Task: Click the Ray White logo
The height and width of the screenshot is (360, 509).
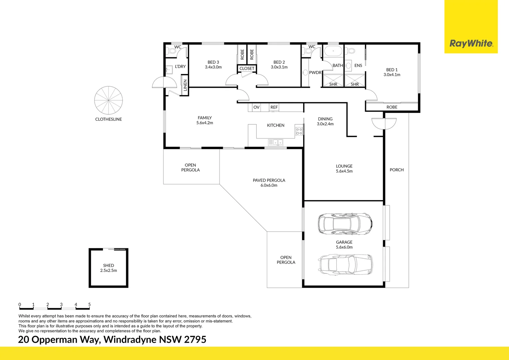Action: pyautogui.click(x=471, y=43)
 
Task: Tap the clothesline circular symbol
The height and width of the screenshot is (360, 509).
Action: pyautogui.click(x=109, y=100)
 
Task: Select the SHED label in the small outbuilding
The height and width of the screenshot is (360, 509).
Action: pyautogui.click(x=109, y=265)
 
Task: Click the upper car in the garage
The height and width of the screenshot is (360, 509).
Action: pyautogui.click(x=345, y=223)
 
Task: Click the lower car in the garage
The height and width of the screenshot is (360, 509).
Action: pyautogui.click(x=346, y=264)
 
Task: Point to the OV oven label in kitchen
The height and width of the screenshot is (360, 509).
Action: pyautogui.click(x=256, y=107)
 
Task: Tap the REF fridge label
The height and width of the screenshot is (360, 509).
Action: pyautogui.click(x=274, y=107)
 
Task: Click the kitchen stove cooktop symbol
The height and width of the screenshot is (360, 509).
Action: pyautogui.click(x=299, y=131)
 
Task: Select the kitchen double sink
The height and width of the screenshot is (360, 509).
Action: pyautogui.click(x=275, y=143)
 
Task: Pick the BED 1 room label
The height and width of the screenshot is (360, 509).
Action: pyautogui.click(x=392, y=70)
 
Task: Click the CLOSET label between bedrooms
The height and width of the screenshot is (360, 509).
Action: pyautogui.click(x=247, y=69)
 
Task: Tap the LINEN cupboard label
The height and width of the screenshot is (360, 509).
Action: pyautogui.click(x=185, y=85)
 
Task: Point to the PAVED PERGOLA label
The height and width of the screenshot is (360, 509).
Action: pyautogui.click(x=269, y=180)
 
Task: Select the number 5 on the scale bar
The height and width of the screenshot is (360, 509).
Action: pyautogui.click(x=89, y=304)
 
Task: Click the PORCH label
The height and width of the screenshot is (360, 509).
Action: pyautogui.click(x=396, y=170)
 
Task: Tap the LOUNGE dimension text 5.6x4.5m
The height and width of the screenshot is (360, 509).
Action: pyautogui.click(x=344, y=171)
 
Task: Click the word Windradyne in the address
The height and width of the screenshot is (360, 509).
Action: pyautogui.click(x=130, y=340)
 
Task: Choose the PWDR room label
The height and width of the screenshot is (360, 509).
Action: pyautogui.click(x=315, y=73)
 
